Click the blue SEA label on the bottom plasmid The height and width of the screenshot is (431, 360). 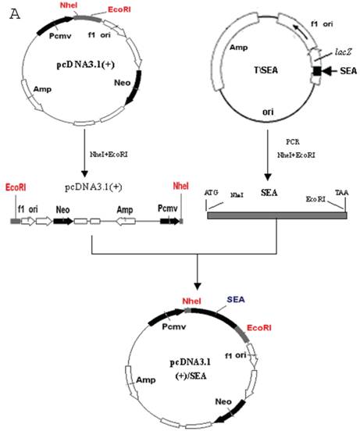click(x=236, y=301)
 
